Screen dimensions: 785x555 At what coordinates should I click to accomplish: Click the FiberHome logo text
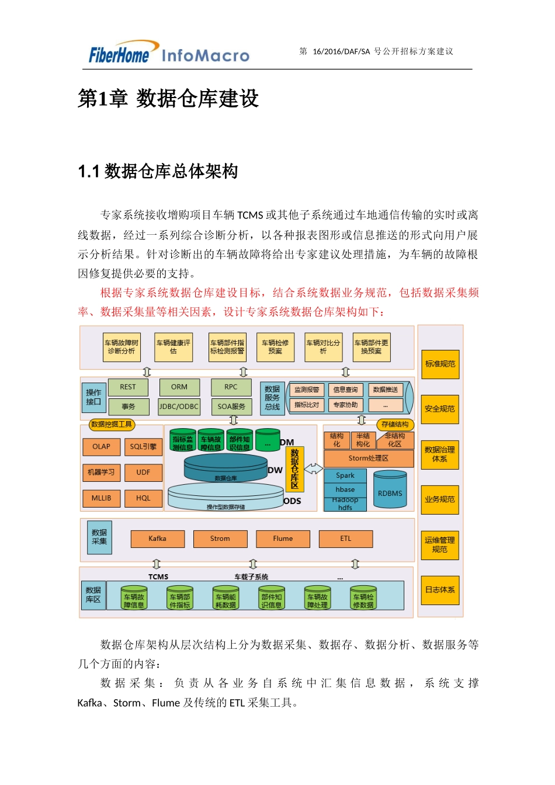pyautogui.click(x=119, y=55)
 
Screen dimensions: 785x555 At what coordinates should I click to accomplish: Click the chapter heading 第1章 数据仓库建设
pyautogui.click(x=168, y=99)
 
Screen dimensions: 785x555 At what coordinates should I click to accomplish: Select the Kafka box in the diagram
pyautogui.click(x=158, y=539)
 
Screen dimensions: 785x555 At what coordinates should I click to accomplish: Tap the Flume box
pyautogui.click(x=283, y=539)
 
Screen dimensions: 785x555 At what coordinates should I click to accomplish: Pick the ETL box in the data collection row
pyautogui.click(x=346, y=539)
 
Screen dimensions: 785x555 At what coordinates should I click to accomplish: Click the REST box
pyautogui.click(x=128, y=387)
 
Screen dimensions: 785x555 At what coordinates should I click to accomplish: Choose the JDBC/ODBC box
pyautogui.click(x=179, y=407)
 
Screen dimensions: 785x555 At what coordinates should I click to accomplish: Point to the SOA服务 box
pyautogui.click(x=231, y=407)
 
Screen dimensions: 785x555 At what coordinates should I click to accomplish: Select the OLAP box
pyautogui.click(x=101, y=447)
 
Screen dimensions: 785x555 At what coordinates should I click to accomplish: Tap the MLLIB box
pyautogui.click(x=101, y=498)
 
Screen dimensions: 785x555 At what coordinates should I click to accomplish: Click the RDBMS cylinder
pyautogui.click(x=390, y=492)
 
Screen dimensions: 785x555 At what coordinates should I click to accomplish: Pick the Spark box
pyautogui.click(x=345, y=475)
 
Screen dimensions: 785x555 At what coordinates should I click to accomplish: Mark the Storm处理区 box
pyautogui.click(x=368, y=459)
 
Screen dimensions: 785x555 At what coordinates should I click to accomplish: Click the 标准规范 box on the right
pyautogui.click(x=440, y=364)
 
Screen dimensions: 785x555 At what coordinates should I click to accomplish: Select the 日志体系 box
pyautogui.click(x=440, y=590)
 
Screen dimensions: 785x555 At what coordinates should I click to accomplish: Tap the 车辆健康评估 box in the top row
pyautogui.click(x=174, y=347)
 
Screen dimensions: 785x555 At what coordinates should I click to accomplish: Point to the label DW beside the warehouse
pyautogui.click(x=275, y=470)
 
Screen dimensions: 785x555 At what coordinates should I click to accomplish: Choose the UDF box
pyautogui.click(x=143, y=473)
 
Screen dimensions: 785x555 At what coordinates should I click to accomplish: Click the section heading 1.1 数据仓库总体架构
pyautogui.click(x=158, y=172)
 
